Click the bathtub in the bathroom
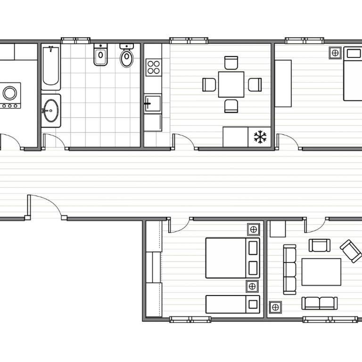[x=50, y=67]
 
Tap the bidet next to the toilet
[x=100, y=56]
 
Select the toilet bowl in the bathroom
[x=126, y=57]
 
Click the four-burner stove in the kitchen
[x=153, y=67]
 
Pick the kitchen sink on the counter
[x=153, y=102]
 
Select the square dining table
[x=231, y=84]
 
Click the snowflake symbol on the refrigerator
[x=260, y=137]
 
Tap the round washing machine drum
[x=10, y=93]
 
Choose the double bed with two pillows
[x=232, y=258]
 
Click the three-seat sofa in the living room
[x=289, y=269]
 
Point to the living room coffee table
[x=321, y=271]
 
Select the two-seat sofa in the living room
[x=320, y=303]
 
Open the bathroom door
[x=53, y=141]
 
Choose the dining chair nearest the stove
[x=209, y=84]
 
